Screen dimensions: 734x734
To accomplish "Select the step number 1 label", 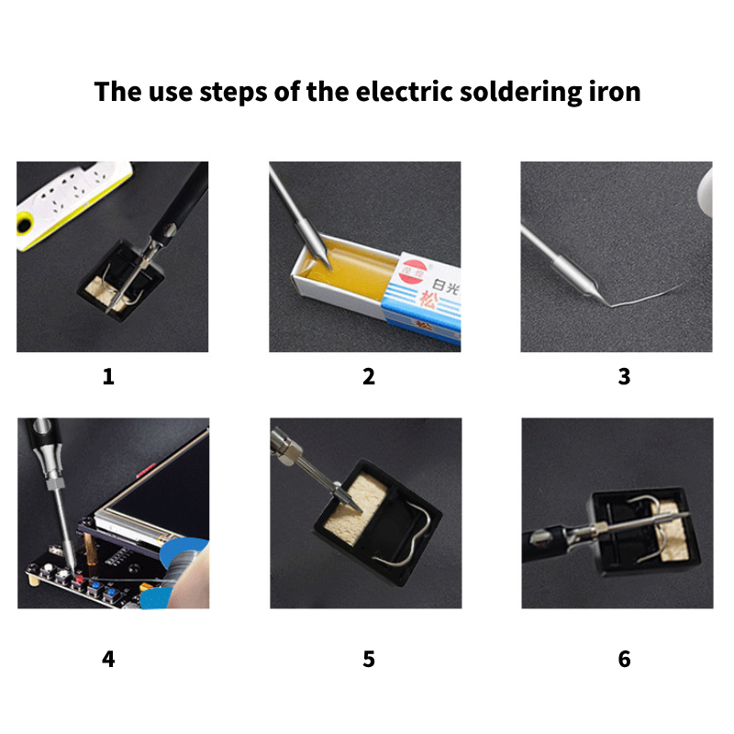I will pos(108,376).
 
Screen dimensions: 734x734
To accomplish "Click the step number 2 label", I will pos(369,376).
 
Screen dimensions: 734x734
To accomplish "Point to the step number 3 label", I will pos(624,376).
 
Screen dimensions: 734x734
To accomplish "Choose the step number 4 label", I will pos(108,659).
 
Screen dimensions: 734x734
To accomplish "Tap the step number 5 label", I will pos(369,659).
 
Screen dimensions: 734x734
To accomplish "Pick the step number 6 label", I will pos(624,659).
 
